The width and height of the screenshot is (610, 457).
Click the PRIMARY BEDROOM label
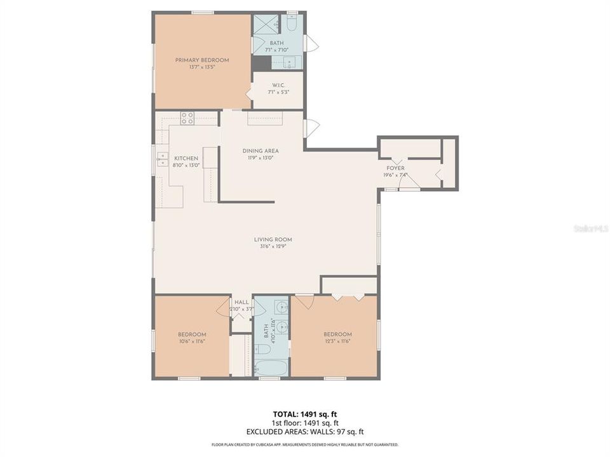(x=202, y=60)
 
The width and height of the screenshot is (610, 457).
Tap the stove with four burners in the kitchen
(x=187, y=117)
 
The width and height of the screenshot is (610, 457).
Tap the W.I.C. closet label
(x=278, y=85)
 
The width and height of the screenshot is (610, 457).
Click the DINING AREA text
(x=261, y=151)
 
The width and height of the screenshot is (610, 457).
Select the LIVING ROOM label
(x=273, y=239)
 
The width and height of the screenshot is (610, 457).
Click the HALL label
(x=241, y=302)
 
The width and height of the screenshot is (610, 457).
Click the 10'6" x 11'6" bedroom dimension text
(x=191, y=341)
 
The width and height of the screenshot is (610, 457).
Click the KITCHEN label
(x=186, y=158)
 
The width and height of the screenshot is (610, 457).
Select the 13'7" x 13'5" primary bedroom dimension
(x=202, y=67)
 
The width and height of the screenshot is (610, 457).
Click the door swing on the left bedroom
(x=223, y=307)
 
